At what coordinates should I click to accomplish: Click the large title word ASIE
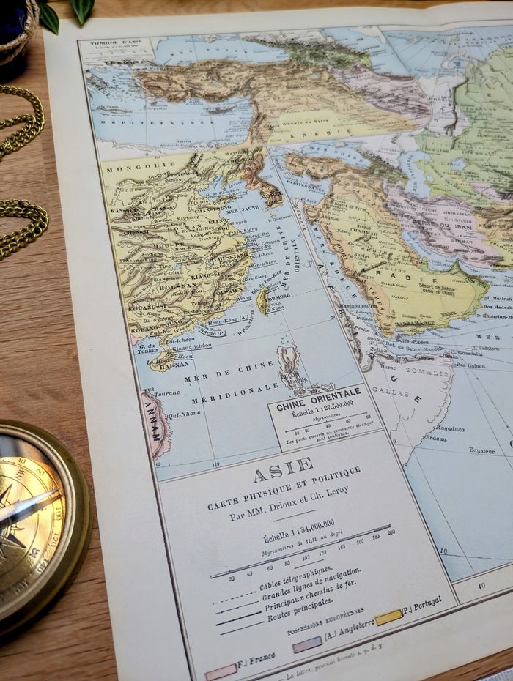(x=283, y=471)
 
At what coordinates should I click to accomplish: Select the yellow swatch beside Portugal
(x=388, y=617)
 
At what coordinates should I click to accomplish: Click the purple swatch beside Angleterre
(x=307, y=644)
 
